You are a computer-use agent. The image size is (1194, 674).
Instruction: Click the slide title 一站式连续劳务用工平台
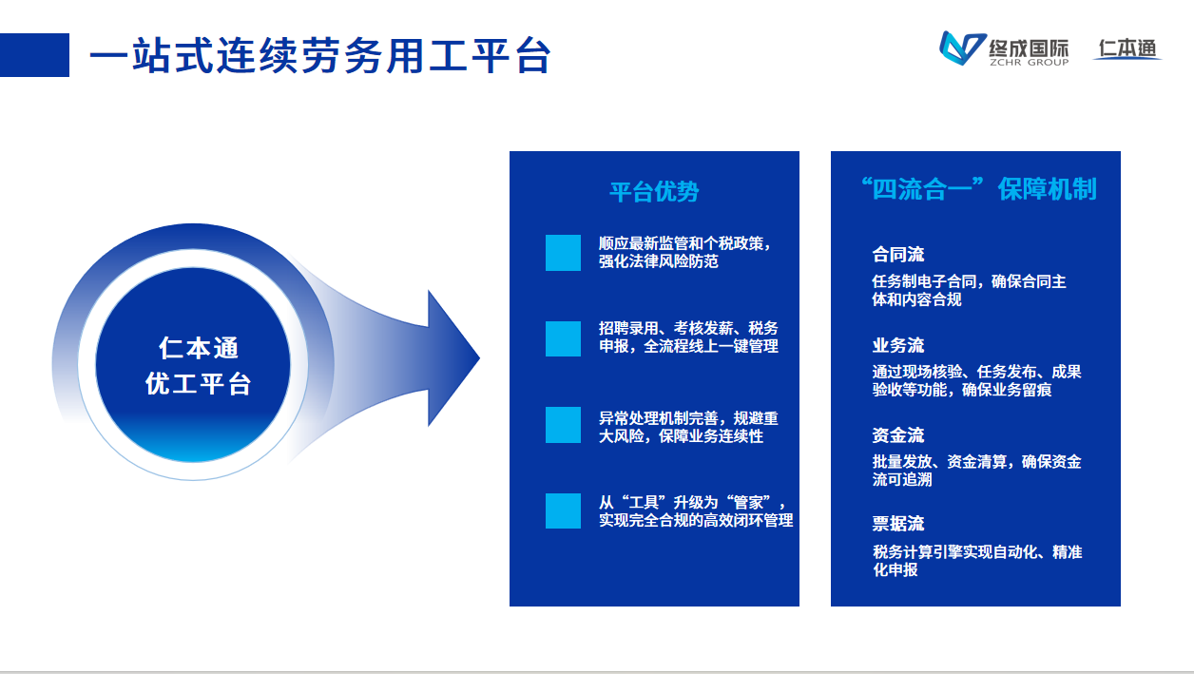click(x=319, y=56)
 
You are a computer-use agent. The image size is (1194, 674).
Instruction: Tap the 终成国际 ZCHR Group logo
click(x=1004, y=49)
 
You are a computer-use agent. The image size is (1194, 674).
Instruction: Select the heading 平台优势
click(x=654, y=192)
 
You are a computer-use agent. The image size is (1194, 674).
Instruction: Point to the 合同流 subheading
click(x=898, y=255)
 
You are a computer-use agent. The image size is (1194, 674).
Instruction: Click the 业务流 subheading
click(x=898, y=345)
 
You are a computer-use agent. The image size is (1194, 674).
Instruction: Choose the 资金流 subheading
click(x=898, y=435)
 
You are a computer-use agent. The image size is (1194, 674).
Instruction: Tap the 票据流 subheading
click(x=898, y=524)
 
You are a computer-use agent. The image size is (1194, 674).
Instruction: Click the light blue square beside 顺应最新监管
click(x=563, y=253)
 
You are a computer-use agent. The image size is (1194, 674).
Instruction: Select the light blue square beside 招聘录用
click(x=563, y=338)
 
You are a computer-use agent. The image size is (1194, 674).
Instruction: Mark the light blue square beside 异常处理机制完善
click(x=563, y=425)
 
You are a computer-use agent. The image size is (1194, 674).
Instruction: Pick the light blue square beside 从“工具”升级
click(x=563, y=510)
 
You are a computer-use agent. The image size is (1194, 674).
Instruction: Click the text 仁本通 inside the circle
click(x=199, y=348)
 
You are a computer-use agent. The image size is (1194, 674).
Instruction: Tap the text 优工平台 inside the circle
click(x=199, y=383)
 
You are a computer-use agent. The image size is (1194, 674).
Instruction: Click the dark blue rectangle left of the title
click(x=34, y=55)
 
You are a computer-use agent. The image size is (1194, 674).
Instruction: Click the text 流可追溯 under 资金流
click(x=901, y=480)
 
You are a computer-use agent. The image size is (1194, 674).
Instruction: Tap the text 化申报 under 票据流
click(x=895, y=570)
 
